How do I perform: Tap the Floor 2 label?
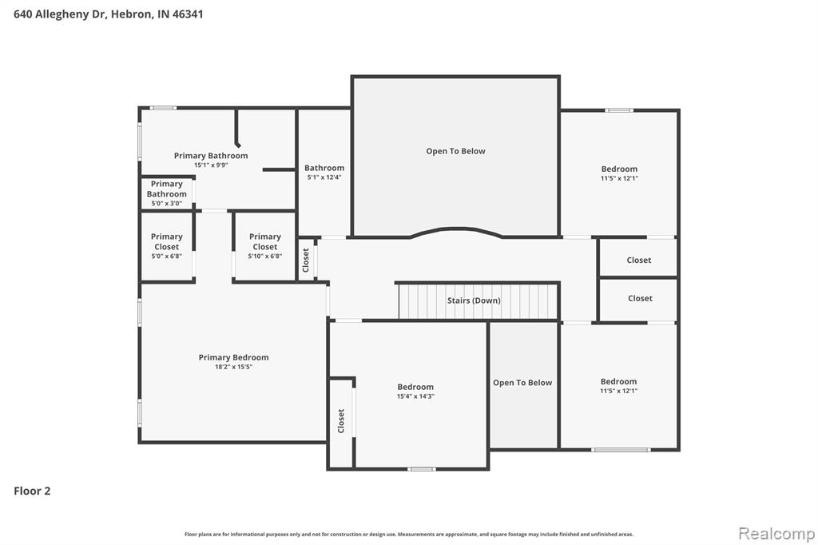(x=32, y=491)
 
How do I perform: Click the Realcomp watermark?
(x=776, y=534)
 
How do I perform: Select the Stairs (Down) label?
(x=474, y=300)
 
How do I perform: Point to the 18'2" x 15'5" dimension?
(x=234, y=367)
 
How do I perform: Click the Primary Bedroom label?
(x=234, y=357)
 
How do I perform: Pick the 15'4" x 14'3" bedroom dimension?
(x=415, y=396)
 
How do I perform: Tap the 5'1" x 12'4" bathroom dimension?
(x=324, y=177)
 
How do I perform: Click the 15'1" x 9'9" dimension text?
(x=211, y=165)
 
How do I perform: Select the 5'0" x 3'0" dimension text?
(x=166, y=204)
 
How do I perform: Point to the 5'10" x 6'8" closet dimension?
(x=265, y=257)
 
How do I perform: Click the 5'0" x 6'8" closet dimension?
(x=166, y=257)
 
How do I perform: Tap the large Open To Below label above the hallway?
(x=455, y=151)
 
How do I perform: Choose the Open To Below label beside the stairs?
(x=522, y=383)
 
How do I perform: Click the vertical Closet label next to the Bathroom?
(x=306, y=260)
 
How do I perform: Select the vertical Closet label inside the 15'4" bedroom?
(x=341, y=421)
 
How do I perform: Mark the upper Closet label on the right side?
(x=638, y=260)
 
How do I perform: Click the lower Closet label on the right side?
(x=640, y=299)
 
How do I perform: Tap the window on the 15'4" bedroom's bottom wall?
(x=422, y=469)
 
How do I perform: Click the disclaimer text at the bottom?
(x=409, y=534)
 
